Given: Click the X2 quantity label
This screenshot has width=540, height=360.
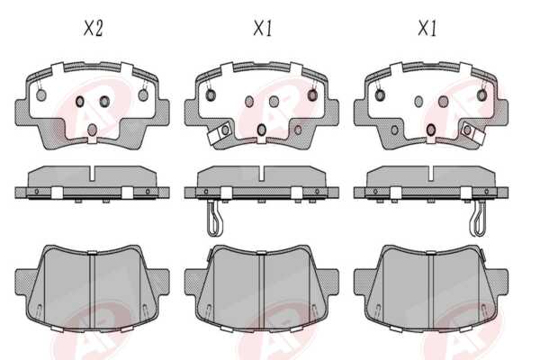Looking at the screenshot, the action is (93, 28).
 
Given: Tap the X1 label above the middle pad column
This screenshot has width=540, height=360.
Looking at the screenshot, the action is (263, 28).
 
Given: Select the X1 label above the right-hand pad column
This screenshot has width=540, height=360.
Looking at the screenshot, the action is (427, 28).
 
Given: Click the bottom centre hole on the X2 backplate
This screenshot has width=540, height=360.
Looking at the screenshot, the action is (92, 130).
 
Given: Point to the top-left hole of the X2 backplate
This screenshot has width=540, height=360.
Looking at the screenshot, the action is (41, 95).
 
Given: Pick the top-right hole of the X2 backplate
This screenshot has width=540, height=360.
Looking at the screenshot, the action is (143, 95).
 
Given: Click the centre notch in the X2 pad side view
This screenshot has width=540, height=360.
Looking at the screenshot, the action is (92, 174).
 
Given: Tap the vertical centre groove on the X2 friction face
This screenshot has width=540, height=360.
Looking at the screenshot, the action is (92, 291).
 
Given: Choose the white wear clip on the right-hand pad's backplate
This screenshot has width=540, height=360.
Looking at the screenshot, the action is (474, 131).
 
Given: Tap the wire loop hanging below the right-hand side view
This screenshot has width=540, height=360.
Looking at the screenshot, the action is (478, 218).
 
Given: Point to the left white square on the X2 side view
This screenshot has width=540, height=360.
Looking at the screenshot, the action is (57, 193).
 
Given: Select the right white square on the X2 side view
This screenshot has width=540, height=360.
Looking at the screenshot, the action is (128, 193).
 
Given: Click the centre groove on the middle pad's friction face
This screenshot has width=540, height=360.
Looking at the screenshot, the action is (261, 291).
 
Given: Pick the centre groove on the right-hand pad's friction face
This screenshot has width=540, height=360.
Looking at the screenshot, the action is (431, 291).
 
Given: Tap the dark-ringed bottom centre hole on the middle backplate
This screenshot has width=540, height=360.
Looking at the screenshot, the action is (261, 130).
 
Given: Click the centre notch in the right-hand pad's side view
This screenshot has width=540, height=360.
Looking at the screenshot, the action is (430, 174).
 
